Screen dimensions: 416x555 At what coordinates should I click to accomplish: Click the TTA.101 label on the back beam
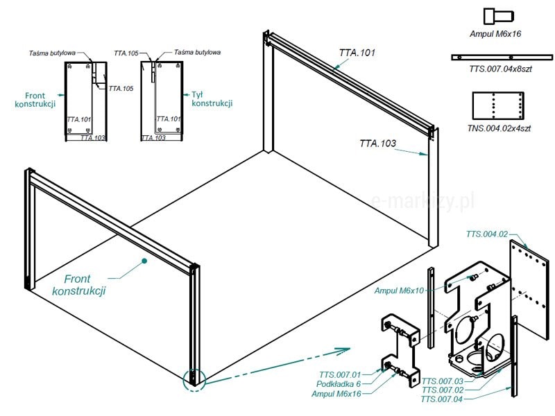(x=357, y=53)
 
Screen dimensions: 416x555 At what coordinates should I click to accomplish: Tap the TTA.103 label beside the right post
(x=377, y=144)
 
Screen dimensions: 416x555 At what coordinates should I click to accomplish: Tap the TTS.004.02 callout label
(x=487, y=234)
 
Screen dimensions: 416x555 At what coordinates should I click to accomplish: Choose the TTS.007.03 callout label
(x=443, y=381)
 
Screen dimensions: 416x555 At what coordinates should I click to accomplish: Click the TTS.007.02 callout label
(x=443, y=390)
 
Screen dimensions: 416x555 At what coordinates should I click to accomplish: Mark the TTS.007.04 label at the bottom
(x=443, y=399)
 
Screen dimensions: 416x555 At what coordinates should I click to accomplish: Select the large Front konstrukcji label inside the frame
(x=80, y=285)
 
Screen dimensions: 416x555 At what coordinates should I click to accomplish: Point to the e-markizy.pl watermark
(x=423, y=200)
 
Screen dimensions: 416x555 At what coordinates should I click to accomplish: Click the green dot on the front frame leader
(x=144, y=261)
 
